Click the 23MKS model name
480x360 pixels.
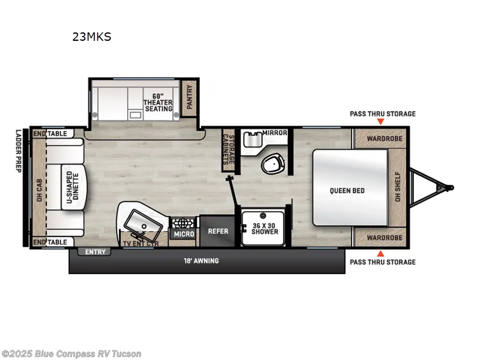[92, 37]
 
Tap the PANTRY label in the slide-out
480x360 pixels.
[190, 96]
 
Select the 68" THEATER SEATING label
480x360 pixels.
[158, 101]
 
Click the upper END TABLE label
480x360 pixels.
[50, 133]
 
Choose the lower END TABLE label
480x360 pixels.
[50, 242]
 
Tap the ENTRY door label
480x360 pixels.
[95, 252]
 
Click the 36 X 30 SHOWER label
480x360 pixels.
[265, 229]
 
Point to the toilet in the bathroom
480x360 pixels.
[273, 163]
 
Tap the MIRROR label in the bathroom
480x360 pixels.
[274, 133]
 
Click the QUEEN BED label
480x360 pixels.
[347, 191]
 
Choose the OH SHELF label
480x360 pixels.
[397, 187]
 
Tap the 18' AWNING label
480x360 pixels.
[201, 261]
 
